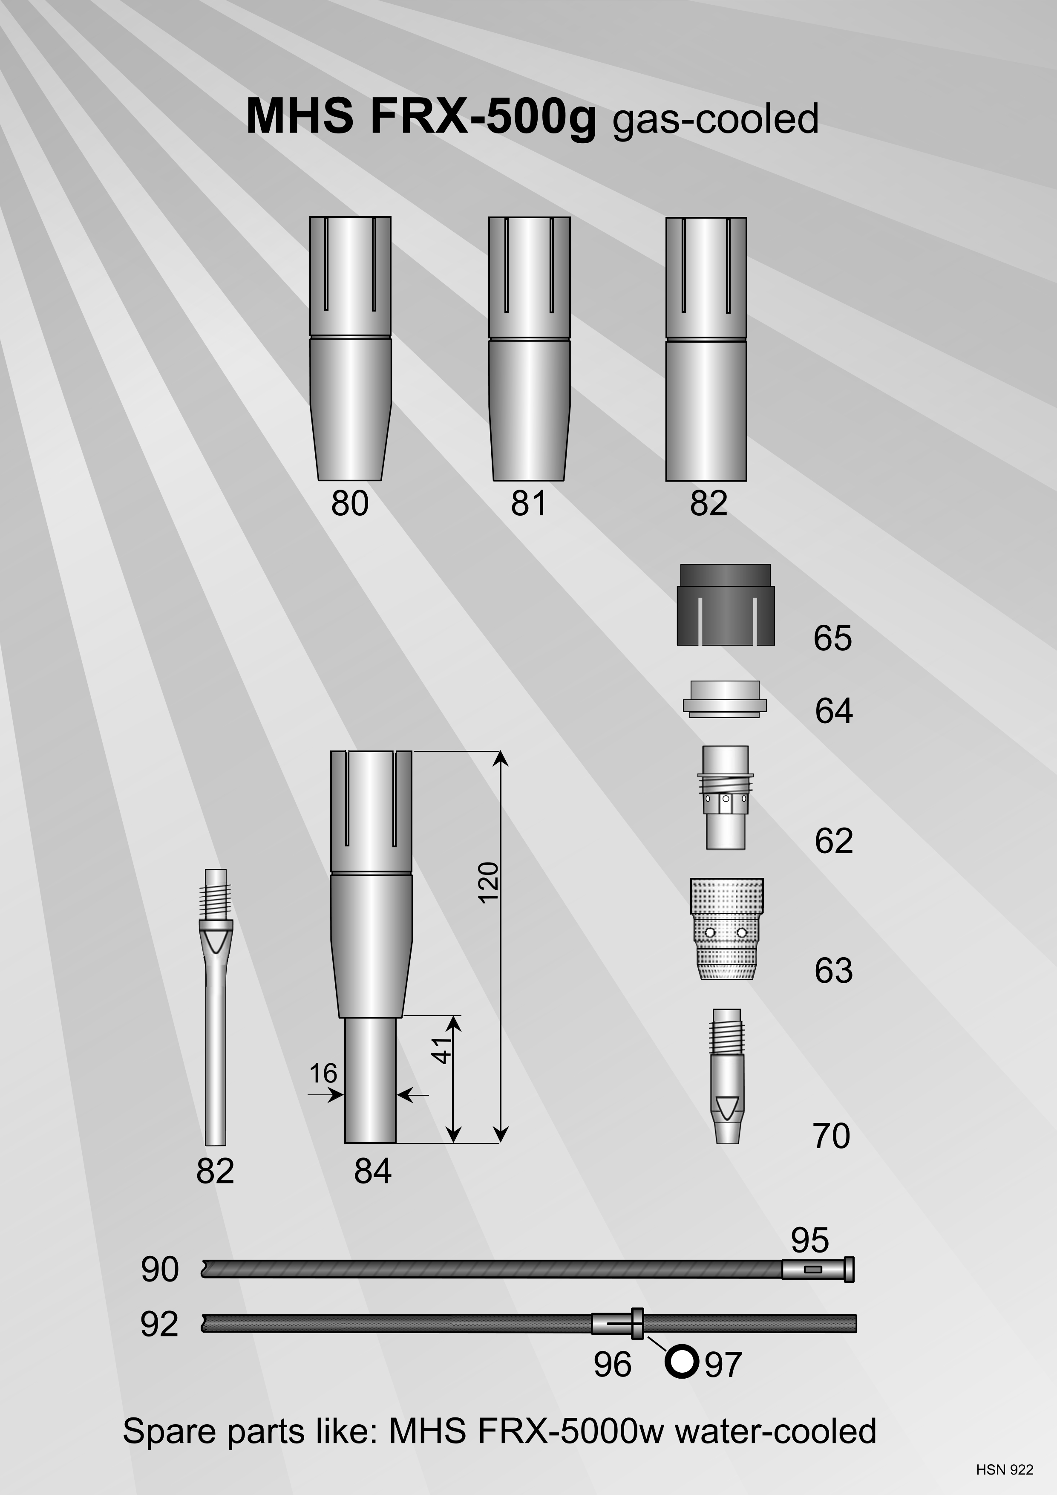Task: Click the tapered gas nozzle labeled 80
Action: pyautogui.click(x=350, y=348)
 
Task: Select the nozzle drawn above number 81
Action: pyautogui.click(x=529, y=348)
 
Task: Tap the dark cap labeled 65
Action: pyautogui.click(x=726, y=605)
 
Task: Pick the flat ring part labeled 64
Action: pyautogui.click(x=724, y=699)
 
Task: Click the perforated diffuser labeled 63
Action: pyautogui.click(x=726, y=929)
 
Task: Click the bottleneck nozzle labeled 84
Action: pyautogui.click(x=371, y=947)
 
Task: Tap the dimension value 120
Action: pyautogui.click(x=488, y=882)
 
